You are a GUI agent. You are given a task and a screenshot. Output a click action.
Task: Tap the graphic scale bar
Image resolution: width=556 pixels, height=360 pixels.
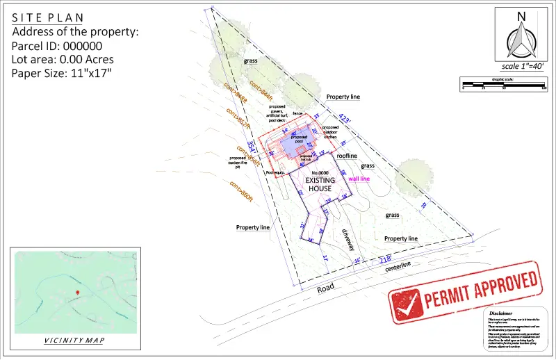[503, 86]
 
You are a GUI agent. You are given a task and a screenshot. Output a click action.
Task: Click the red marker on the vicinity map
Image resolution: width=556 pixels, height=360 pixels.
[77, 293]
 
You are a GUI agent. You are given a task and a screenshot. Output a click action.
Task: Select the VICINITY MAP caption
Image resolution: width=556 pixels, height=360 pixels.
[74, 341]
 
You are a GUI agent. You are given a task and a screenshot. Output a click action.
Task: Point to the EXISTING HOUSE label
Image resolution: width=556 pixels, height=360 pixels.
[320, 184]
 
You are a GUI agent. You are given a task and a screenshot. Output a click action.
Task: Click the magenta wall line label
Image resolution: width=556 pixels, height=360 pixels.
[359, 179]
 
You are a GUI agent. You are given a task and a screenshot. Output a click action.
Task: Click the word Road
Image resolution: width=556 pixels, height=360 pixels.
[325, 286]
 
